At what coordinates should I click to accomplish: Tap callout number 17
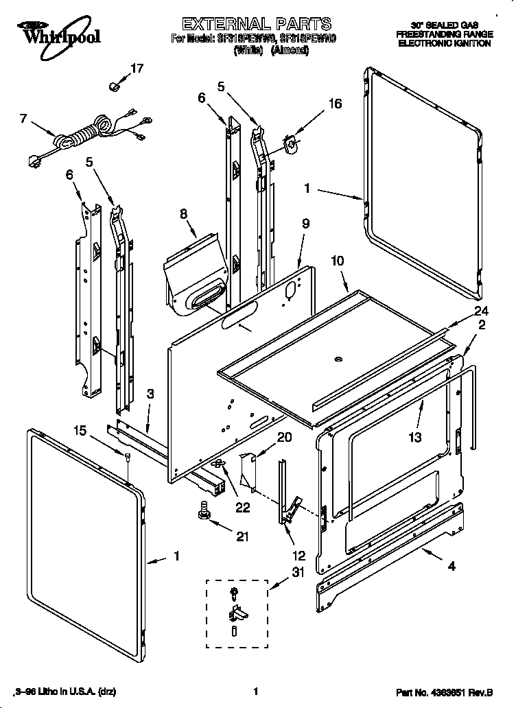click(137, 68)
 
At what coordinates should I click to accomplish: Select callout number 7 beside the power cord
click(24, 118)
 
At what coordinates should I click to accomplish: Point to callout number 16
click(335, 104)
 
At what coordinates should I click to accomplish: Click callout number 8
click(183, 214)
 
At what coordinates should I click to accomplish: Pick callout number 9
click(305, 224)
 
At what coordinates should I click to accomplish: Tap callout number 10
click(337, 261)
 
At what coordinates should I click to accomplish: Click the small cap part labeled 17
click(115, 86)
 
